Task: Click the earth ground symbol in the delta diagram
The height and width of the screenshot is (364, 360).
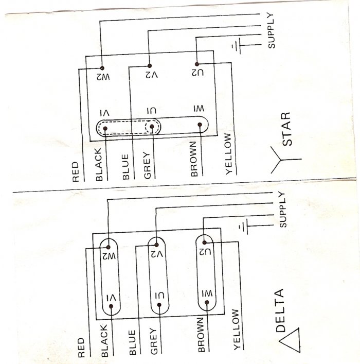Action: pos(242,226)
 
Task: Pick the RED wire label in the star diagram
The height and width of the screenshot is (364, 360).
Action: pos(76,173)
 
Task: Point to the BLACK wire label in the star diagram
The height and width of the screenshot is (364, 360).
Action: pos(99,164)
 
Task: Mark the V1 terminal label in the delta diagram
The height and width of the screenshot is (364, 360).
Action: pos(109,298)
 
